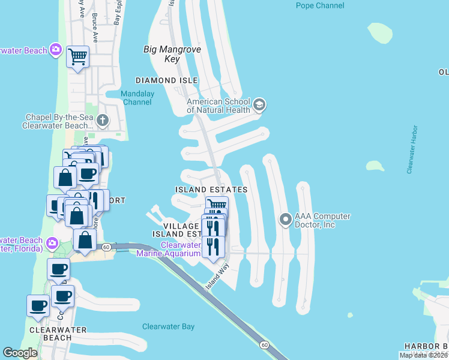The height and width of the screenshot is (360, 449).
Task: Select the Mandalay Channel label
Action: tap(137, 98)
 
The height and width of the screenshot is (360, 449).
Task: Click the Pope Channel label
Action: tap(321, 5)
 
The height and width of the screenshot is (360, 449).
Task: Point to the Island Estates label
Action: tap(211, 190)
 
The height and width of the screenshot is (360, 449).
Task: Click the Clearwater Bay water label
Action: tap(168, 326)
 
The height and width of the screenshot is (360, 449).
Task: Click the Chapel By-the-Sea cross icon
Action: tap(103, 121)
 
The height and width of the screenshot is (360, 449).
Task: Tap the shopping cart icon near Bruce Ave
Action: tap(78, 56)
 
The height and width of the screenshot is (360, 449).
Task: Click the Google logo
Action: tap(20, 353)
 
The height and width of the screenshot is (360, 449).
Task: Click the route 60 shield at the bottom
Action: tap(264, 344)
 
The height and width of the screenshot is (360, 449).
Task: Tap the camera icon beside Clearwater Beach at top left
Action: tap(56, 49)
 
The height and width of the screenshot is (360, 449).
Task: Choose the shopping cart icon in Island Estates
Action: tap(217, 205)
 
